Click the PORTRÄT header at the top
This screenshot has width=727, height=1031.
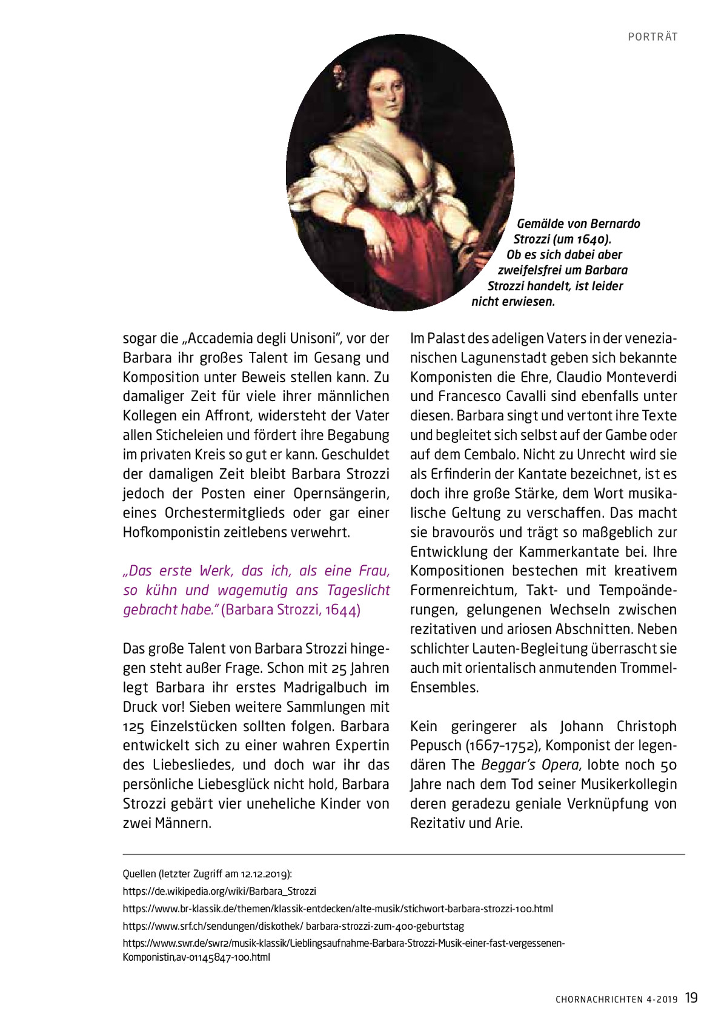pyautogui.click(x=652, y=37)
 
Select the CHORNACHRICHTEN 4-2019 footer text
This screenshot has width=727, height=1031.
pyautogui.click(x=617, y=1000)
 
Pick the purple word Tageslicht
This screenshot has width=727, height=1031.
pyautogui.click(x=359, y=591)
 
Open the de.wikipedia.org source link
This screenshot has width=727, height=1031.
pyautogui.click(x=219, y=891)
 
